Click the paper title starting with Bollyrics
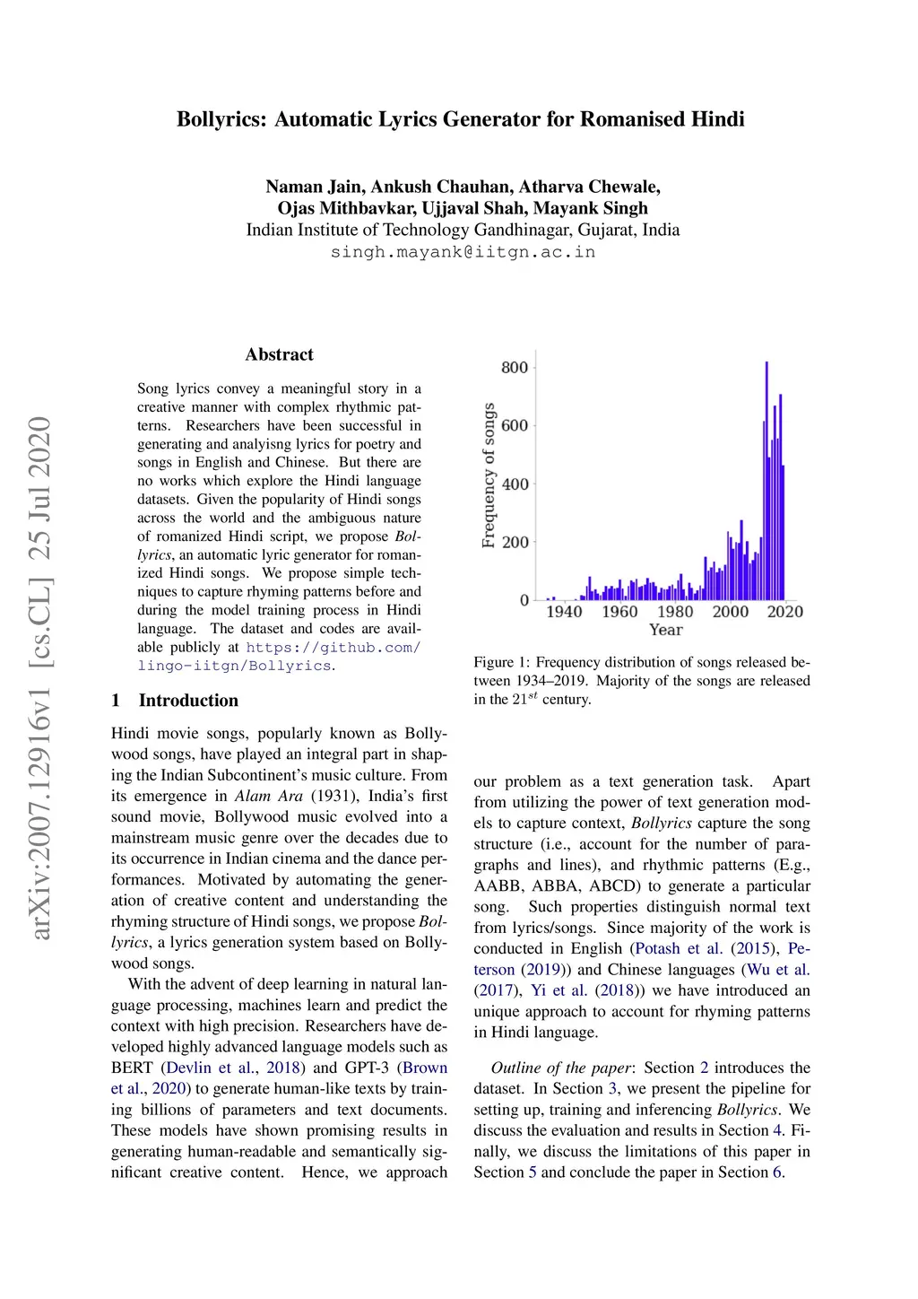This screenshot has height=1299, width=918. tap(460, 119)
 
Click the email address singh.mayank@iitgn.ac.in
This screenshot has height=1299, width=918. tap(463, 251)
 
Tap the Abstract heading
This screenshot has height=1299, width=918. tap(279, 354)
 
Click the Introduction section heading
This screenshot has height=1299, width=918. tap(188, 701)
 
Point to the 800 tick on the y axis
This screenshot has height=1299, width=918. tap(515, 367)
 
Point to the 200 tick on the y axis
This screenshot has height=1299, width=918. tap(515, 542)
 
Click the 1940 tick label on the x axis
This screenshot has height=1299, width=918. tap(564, 612)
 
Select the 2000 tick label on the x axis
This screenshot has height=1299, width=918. tap(730, 612)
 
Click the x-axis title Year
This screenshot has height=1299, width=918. tap(665, 630)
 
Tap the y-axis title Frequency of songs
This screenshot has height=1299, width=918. tap(489, 475)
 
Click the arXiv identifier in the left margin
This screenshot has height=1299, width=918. tap(41, 677)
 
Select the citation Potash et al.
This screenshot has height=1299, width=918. tap(678, 948)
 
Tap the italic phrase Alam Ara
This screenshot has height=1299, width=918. tap(269, 796)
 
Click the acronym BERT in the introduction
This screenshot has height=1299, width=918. tap(132, 1068)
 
